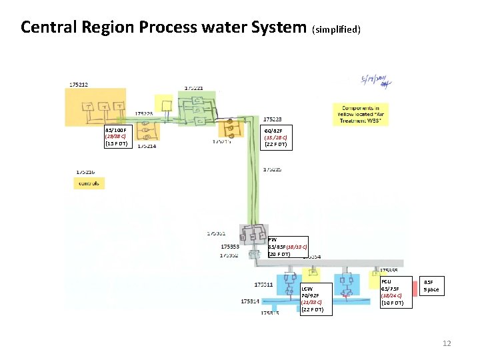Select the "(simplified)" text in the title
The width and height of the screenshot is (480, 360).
(x=336, y=29)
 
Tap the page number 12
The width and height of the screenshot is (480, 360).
(x=447, y=343)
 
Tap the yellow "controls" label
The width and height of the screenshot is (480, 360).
(x=89, y=183)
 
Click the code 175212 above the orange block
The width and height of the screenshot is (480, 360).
(x=78, y=85)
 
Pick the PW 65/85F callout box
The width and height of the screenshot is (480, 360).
(x=287, y=247)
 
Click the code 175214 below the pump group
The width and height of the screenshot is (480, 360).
(x=147, y=147)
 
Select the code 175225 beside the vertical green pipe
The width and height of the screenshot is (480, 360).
(x=272, y=169)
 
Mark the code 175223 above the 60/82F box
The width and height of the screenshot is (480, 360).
(x=272, y=120)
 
